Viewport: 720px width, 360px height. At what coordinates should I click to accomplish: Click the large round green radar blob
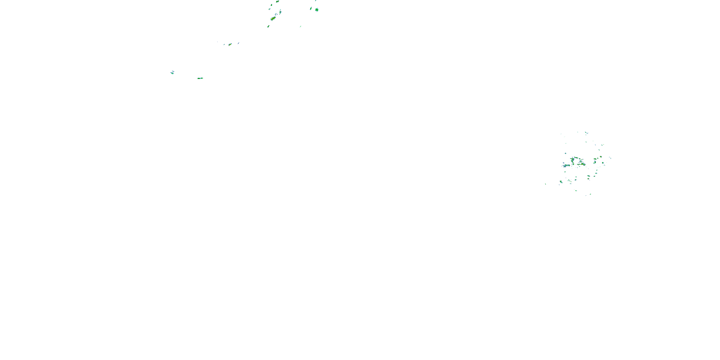click(317, 10)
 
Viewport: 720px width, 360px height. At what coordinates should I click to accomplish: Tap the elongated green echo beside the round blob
click(311, 9)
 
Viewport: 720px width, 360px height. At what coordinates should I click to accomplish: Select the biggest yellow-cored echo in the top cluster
click(273, 18)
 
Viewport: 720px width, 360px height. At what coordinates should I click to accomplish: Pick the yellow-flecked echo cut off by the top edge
click(277, 1)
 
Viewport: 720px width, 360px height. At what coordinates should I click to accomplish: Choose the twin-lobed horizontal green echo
click(200, 78)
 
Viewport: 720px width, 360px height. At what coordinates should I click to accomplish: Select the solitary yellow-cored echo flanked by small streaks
click(230, 44)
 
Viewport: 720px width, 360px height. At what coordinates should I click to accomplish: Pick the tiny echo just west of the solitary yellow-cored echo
click(224, 44)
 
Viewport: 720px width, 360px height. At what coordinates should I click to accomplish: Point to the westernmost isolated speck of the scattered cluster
click(546, 184)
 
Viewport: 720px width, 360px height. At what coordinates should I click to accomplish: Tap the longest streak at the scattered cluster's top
click(586, 133)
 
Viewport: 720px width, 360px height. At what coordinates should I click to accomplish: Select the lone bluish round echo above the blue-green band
click(565, 153)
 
